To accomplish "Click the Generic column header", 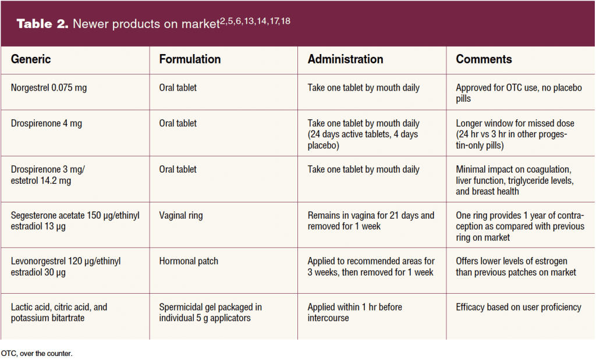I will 31,59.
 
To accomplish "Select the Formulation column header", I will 190,59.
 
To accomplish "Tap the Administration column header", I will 345,59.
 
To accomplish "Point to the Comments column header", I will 484,59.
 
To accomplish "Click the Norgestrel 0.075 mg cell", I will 49,88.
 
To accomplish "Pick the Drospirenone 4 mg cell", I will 47,123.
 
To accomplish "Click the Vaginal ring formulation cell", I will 181,216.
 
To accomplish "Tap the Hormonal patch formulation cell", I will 189,261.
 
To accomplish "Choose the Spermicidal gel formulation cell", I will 210,312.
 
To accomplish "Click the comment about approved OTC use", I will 519,93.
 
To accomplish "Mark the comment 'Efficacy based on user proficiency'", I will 519,307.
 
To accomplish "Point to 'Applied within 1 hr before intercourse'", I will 354,312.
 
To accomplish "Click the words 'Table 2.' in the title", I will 42,24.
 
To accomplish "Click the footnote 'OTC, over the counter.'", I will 36,353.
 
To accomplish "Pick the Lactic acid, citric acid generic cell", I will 59,312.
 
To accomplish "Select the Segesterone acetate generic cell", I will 74,221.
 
